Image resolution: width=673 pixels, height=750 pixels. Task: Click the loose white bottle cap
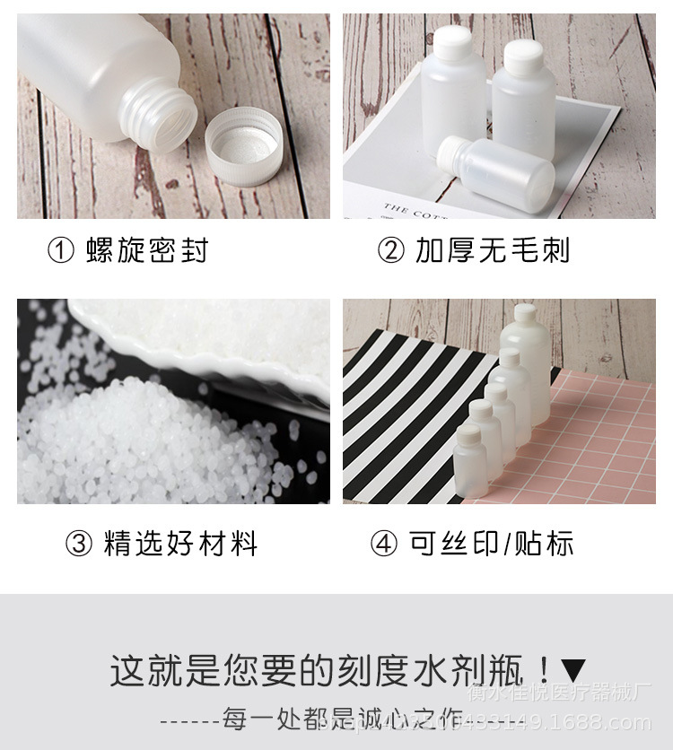click(x=243, y=145)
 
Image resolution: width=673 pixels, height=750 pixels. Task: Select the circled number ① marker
click(x=60, y=250)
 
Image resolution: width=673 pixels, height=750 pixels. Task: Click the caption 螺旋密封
click(x=147, y=250)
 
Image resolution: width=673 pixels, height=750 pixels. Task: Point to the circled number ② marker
click(x=390, y=250)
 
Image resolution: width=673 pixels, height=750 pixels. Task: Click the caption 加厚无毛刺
click(x=493, y=250)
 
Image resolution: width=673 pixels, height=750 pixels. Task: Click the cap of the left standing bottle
click(x=453, y=40)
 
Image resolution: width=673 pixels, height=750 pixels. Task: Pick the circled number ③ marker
click(x=79, y=544)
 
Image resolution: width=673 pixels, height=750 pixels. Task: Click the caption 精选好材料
click(x=181, y=544)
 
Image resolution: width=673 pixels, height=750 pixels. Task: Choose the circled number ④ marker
click(x=383, y=544)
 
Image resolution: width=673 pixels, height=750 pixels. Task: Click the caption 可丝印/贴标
click(x=491, y=544)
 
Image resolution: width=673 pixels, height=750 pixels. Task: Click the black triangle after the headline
click(x=573, y=670)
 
